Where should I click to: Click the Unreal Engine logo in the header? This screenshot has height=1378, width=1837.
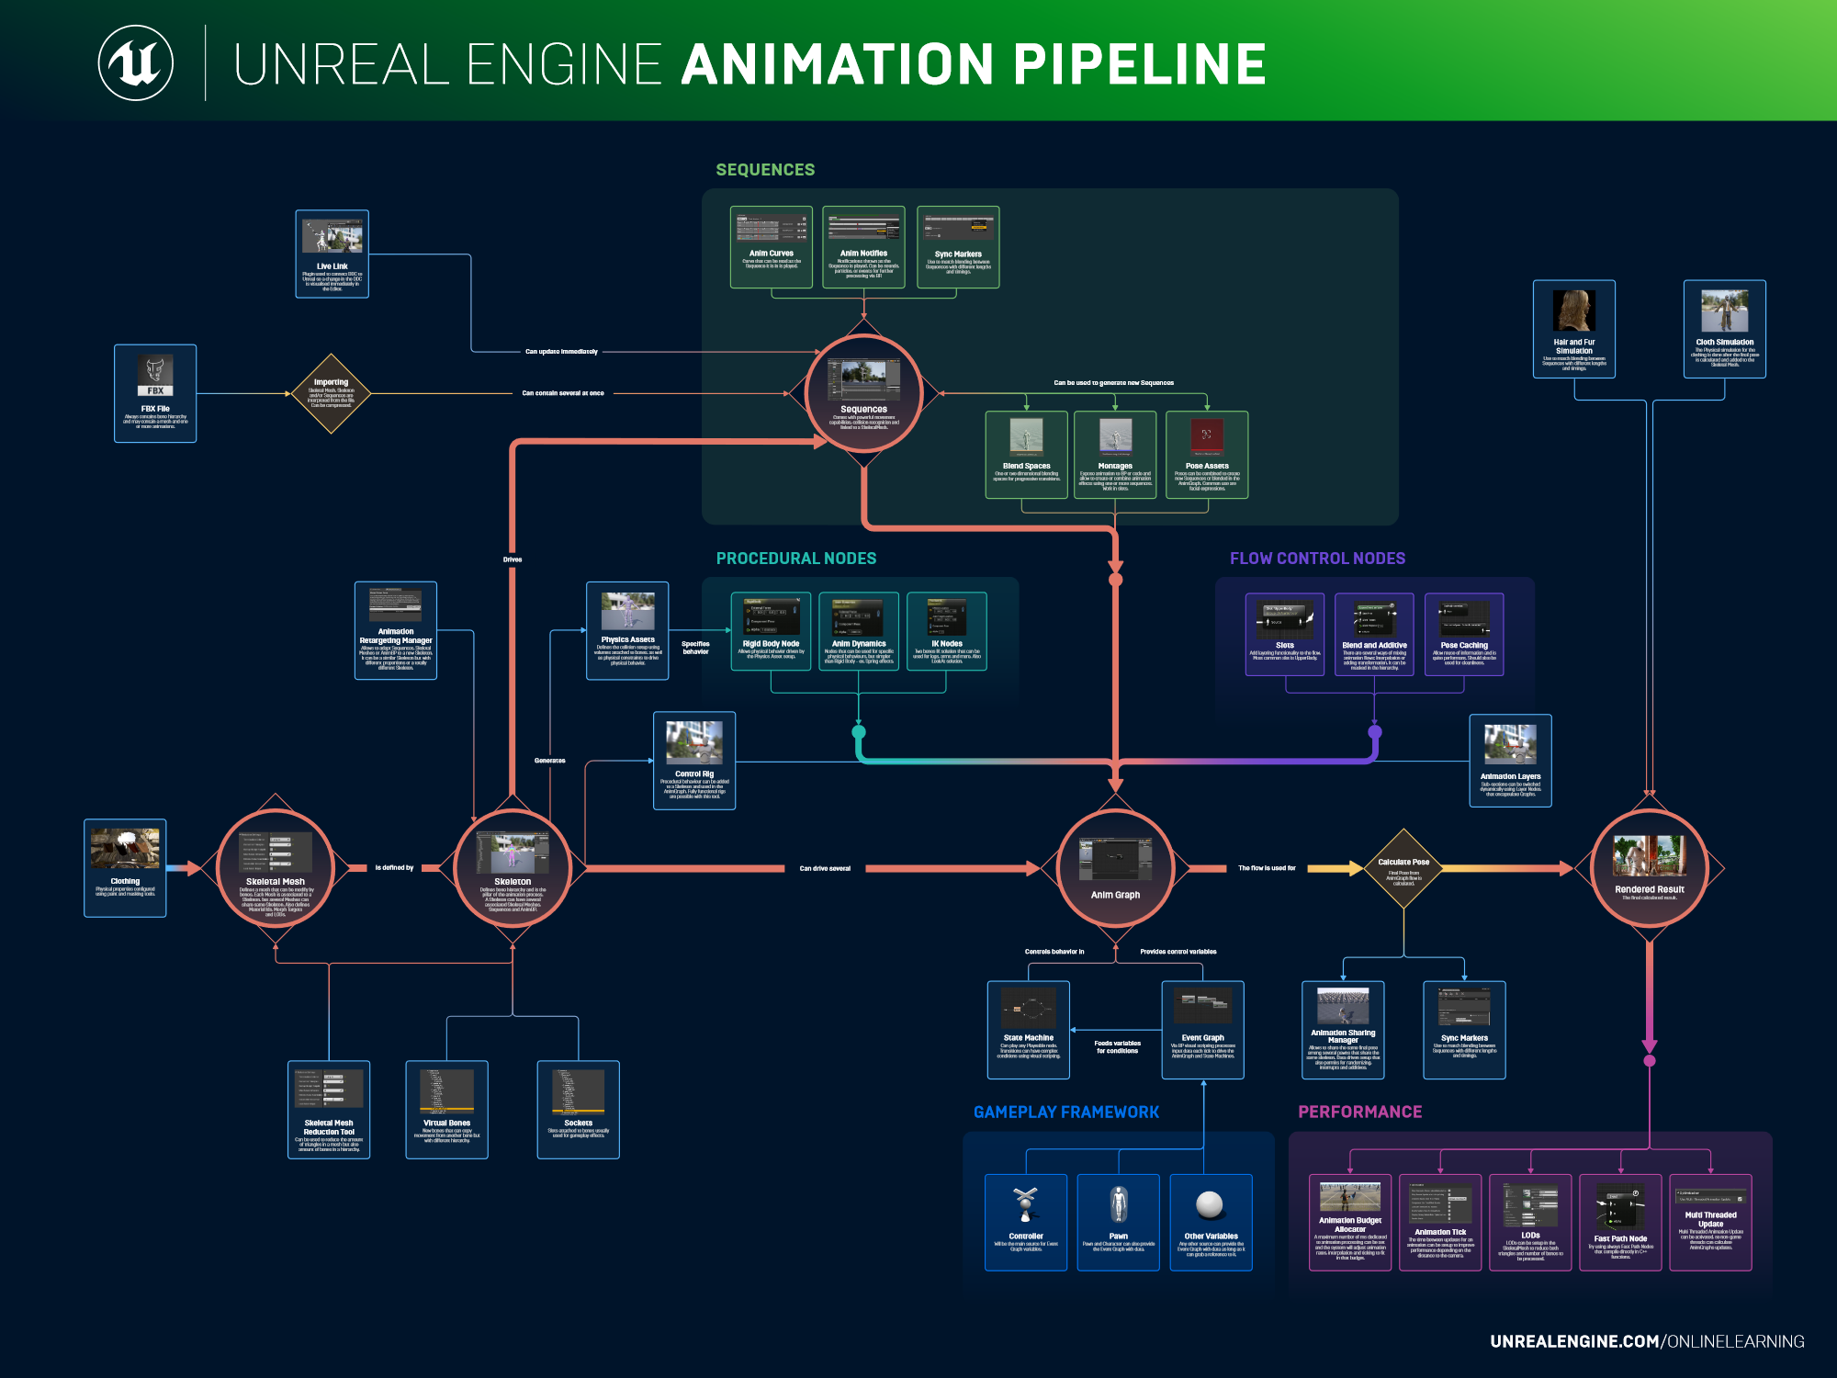[136, 63]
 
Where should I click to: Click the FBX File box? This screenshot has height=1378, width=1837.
[155, 393]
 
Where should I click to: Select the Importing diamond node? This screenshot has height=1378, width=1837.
[331, 393]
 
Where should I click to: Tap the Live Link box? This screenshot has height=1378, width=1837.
[332, 254]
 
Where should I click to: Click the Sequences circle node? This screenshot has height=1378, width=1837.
[863, 393]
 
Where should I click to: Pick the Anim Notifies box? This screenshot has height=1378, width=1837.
[863, 247]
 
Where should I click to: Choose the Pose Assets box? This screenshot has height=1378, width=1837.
[1206, 455]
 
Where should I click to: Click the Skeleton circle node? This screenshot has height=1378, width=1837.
[513, 868]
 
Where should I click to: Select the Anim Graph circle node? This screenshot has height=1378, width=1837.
[1115, 868]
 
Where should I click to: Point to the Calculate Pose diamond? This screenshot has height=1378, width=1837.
[1403, 868]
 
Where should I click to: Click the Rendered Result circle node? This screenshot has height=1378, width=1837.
[1649, 868]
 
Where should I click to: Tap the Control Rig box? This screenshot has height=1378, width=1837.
[694, 761]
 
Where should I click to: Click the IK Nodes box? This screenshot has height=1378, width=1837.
[947, 631]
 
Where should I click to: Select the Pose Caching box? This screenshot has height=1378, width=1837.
[1464, 634]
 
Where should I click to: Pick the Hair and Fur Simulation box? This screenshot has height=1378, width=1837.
[1573, 329]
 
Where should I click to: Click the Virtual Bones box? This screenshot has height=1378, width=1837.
[446, 1110]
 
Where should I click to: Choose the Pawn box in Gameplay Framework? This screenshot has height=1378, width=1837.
[1118, 1222]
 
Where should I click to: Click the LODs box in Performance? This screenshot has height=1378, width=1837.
[1530, 1222]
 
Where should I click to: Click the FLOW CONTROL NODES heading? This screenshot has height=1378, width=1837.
[1317, 559]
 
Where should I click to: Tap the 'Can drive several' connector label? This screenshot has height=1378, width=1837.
[825, 868]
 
